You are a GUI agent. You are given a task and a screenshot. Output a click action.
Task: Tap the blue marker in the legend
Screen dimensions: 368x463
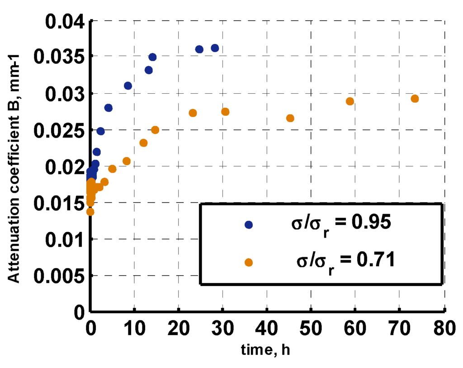(x=248, y=225)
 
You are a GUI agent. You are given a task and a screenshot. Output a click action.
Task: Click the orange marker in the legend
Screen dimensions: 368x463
(x=248, y=262)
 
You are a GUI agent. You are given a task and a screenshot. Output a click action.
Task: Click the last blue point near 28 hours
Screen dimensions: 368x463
(x=215, y=48)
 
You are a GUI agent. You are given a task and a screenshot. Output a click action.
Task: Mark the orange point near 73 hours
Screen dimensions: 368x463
(x=415, y=99)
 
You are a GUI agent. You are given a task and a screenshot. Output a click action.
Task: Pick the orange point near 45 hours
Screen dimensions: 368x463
(x=290, y=118)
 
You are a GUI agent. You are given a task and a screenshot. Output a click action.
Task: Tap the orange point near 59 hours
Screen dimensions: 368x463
(x=350, y=101)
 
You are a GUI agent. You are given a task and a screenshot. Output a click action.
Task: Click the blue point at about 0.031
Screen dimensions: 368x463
(x=128, y=86)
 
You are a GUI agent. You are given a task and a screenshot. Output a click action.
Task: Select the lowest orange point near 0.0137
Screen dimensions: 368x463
(x=90, y=211)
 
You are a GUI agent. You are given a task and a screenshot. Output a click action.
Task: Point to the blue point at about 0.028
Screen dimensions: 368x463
(x=109, y=108)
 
